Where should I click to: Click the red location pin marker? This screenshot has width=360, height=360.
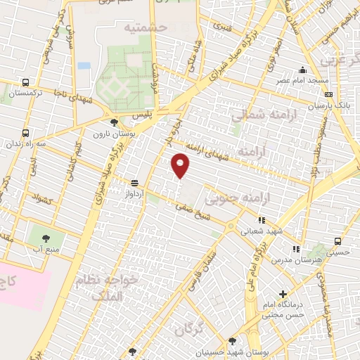click(x=181, y=165)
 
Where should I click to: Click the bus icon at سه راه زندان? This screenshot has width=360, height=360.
click(x=26, y=133)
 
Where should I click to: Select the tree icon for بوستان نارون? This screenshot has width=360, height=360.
click(x=115, y=122)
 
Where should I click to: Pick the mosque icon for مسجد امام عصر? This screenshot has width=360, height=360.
click(x=303, y=70)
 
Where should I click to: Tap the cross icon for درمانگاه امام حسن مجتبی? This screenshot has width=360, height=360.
click(x=283, y=294)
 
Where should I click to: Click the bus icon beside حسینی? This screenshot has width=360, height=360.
click(x=338, y=240)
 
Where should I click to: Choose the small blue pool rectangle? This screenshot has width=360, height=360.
click(x=84, y=65)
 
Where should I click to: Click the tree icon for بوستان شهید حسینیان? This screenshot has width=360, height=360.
click(x=232, y=341)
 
